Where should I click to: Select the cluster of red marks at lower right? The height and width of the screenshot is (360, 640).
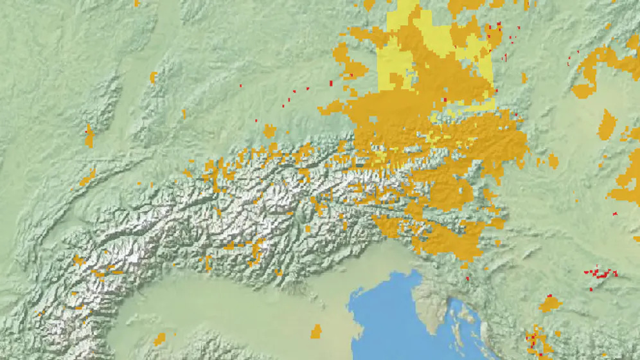pos(600,273)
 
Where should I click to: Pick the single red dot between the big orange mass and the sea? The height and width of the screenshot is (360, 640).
pos(467,278)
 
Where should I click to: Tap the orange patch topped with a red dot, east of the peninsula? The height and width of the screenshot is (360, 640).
pos(549,303)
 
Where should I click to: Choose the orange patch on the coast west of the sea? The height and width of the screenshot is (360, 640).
pos(316,332)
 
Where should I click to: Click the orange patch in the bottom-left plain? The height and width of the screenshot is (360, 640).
pos(159,339)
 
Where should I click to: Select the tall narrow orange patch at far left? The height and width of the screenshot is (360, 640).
pos(89,136)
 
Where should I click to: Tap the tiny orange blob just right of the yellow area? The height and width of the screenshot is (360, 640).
pos(524,78)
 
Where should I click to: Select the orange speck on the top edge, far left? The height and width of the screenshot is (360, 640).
pos(137,3)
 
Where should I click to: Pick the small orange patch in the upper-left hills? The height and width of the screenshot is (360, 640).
pos(153,78)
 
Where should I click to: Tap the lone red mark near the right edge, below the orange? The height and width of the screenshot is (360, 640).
pos(615,213)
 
